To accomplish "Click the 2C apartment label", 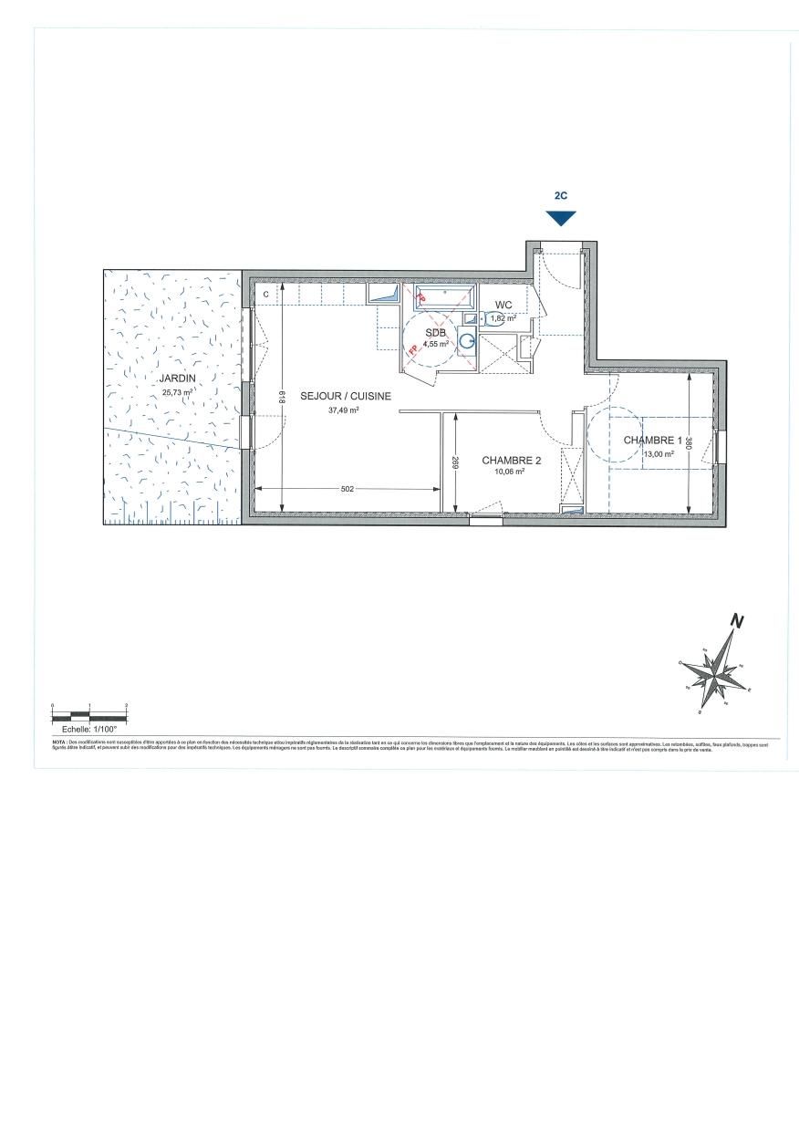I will tap(561, 195).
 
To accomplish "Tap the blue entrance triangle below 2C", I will tap(561, 218).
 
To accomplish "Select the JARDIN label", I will tap(177, 378).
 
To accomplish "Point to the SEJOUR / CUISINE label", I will tap(346, 396).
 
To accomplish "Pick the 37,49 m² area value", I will tap(344, 410).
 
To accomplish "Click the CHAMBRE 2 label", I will tap(512, 461).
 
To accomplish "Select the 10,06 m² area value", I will tap(510, 472).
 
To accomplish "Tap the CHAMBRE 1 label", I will tap(652, 441).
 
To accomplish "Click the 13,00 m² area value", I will tap(659, 453).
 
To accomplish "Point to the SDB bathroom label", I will tap(435, 333).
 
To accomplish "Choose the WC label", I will tap(504, 305).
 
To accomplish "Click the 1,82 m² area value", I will tap(503, 318).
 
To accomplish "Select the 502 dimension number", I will tap(347, 490).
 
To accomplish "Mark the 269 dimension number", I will tap(453, 462).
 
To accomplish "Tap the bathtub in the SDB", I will tap(444, 296).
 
